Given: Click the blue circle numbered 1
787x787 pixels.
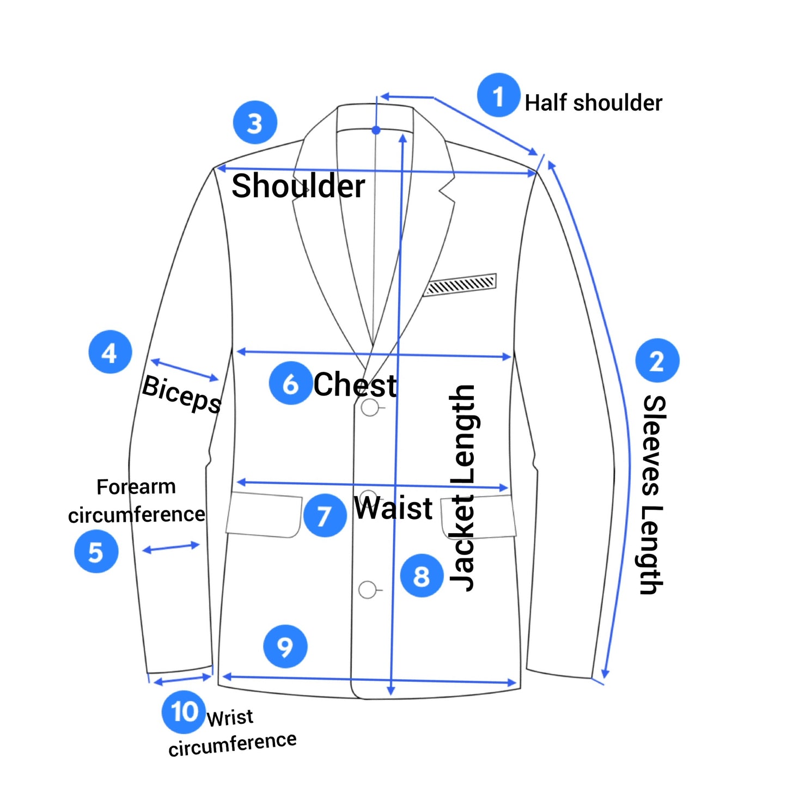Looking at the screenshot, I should click(x=498, y=95).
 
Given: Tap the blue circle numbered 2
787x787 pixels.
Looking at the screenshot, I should click(x=657, y=361).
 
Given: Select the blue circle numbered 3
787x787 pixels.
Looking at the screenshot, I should click(x=255, y=123).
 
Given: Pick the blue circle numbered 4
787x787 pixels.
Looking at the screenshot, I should click(x=110, y=352).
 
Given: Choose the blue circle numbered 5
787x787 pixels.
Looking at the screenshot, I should click(x=96, y=551).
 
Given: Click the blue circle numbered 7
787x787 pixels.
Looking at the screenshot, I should click(x=325, y=515).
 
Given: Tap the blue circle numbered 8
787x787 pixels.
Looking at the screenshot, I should click(x=422, y=575).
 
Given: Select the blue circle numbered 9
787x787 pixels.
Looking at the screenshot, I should click(x=285, y=646).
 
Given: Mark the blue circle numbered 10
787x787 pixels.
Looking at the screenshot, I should click(x=184, y=711).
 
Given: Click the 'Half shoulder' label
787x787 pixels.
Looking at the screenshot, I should click(x=593, y=102).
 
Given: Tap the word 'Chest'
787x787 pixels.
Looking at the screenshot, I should click(x=355, y=385).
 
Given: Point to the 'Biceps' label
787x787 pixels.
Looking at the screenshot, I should click(x=182, y=394).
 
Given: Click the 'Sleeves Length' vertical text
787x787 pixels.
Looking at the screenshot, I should click(x=652, y=495).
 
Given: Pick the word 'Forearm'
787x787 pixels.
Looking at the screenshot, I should click(x=136, y=486).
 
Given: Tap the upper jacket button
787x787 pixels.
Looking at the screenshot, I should click(x=370, y=407).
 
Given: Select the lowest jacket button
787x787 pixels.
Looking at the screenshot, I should click(x=368, y=589).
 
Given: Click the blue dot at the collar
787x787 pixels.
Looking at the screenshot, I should click(x=376, y=130).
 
